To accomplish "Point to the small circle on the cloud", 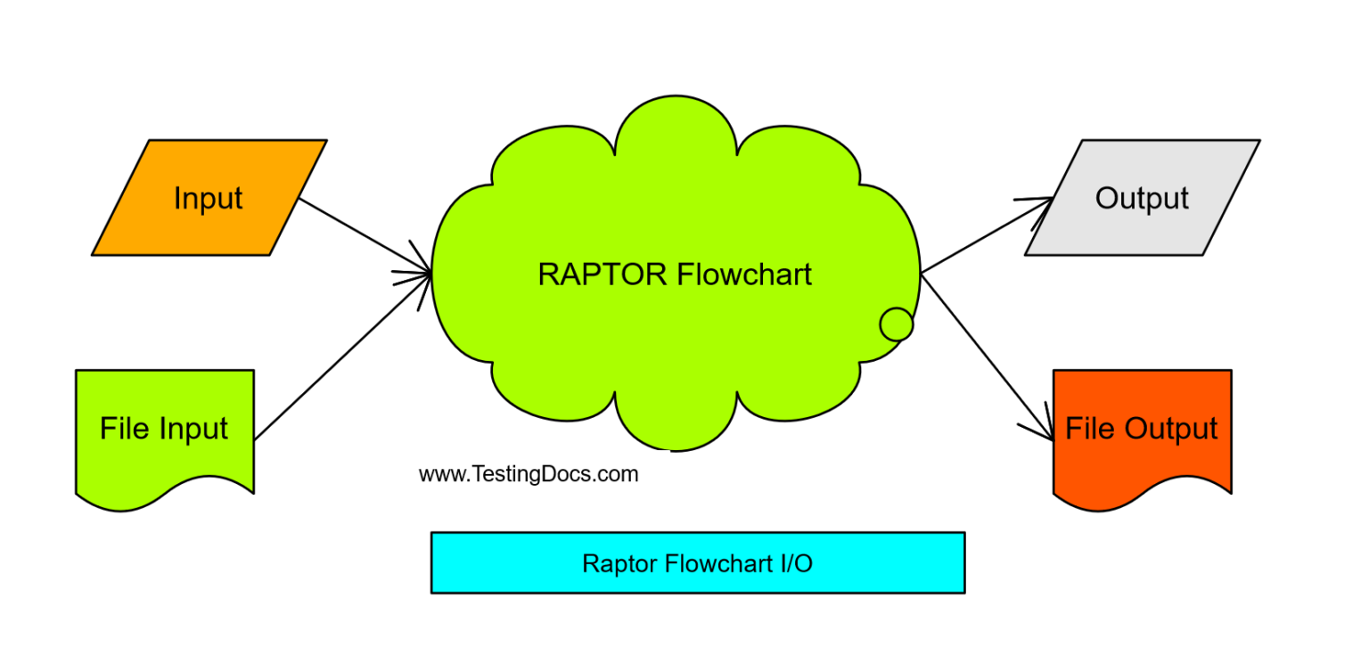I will tap(896, 324).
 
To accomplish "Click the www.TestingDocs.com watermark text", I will tap(529, 474).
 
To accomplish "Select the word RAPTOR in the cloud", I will tap(602, 275).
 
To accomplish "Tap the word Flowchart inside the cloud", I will tap(744, 275).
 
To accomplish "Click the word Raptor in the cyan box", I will tap(619, 563).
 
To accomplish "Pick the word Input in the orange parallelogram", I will tap(208, 198).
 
